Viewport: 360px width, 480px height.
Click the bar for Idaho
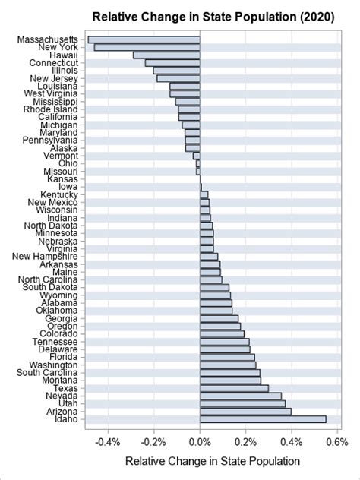coord(263,419)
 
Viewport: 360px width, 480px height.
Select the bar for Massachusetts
coord(144,39)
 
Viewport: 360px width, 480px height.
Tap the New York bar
coord(147,47)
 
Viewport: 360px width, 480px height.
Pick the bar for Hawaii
coord(166,55)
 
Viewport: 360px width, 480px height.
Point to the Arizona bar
coord(245,411)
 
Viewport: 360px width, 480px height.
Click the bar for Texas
coord(234,388)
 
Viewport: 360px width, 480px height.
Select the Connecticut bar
coord(172,62)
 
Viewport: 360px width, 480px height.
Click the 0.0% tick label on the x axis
coord(200,442)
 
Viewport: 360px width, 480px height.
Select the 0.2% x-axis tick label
coord(245,442)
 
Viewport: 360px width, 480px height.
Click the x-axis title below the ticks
coord(212,462)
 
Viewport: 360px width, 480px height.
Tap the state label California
coord(55,117)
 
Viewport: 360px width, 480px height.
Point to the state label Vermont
coord(60,156)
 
